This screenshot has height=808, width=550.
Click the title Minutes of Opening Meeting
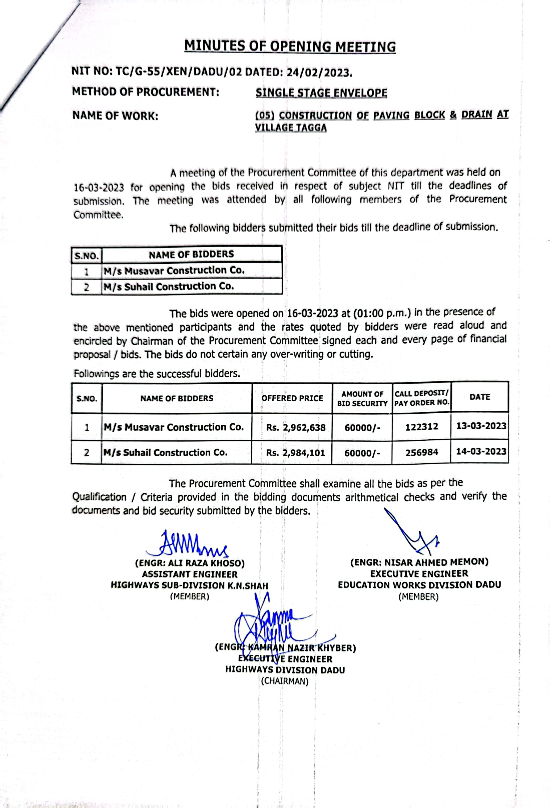coord(290,46)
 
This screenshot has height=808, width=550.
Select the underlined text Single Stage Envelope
coord(321,93)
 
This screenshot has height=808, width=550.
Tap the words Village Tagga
coord(291,128)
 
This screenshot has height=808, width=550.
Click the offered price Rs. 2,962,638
coord(296,427)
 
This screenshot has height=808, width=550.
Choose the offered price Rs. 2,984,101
coord(295,453)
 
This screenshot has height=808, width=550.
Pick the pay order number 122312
coord(421,427)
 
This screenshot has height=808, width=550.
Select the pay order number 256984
coord(422,452)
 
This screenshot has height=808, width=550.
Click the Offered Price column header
coord(292,398)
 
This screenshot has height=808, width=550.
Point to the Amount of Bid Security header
coord(362,399)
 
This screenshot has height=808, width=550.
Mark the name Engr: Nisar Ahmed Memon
coord(419,562)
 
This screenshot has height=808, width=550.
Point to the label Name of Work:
coord(115,116)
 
